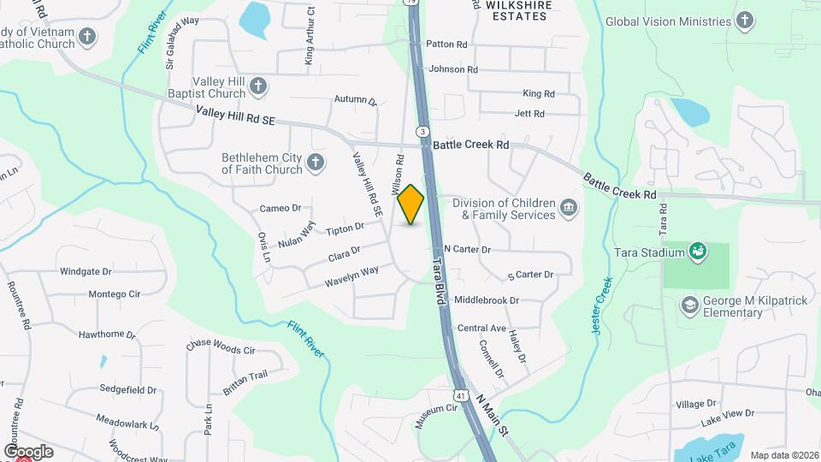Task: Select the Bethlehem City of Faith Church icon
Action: click(x=316, y=163)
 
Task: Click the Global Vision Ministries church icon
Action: click(x=745, y=21)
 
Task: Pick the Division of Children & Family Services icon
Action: click(x=568, y=208)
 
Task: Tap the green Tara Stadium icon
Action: click(x=698, y=252)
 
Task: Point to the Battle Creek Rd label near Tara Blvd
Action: click(x=470, y=145)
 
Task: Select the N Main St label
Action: click(x=493, y=413)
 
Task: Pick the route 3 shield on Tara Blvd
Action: click(x=422, y=131)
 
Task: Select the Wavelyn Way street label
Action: click(x=351, y=276)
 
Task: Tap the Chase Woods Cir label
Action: click(x=221, y=348)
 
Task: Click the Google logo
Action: click(x=28, y=451)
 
